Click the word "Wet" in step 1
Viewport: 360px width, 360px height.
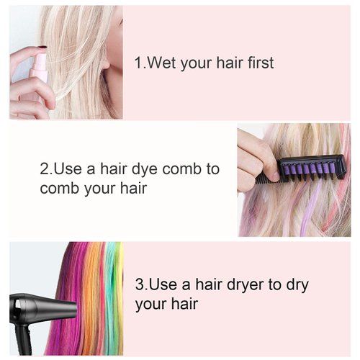point(163,63)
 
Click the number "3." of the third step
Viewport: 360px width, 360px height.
point(141,285)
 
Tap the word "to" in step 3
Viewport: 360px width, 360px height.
point(269,285)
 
